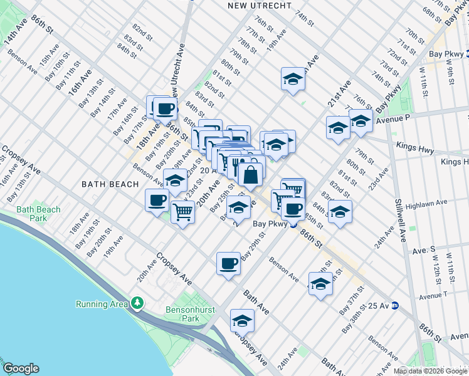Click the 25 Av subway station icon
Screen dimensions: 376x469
click(395, 306)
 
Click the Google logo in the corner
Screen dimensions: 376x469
click(21, 368)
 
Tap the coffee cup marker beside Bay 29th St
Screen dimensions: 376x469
click(229, 263)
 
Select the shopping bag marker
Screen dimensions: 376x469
click(250, 175)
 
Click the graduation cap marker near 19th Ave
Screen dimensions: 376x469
click(292, 80)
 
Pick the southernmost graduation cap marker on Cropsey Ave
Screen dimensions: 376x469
click(242, 321)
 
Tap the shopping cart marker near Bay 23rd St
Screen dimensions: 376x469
click(182, 212)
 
